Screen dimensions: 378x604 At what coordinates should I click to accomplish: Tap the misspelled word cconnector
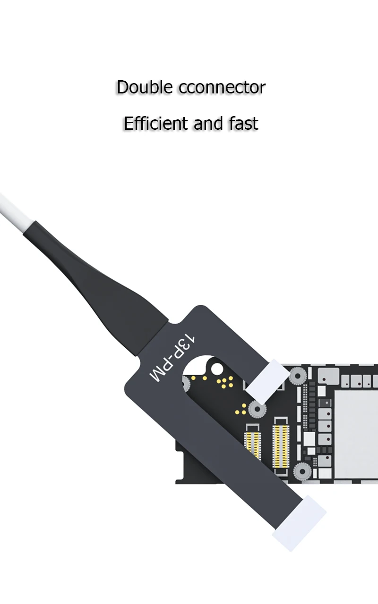(222, 88)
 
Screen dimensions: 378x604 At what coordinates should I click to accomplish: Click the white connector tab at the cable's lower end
(300, 523)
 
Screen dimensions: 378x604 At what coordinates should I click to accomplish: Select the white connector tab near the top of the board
(267, 377)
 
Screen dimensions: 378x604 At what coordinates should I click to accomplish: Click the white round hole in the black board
(217, 368)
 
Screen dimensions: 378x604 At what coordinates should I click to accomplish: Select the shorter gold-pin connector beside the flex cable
(253, 444)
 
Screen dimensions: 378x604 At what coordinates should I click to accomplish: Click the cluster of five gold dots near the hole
(224, 382)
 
